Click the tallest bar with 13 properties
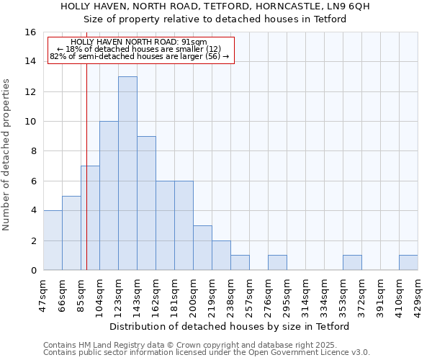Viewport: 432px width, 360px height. tap(127, 173)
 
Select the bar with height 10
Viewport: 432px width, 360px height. tap(109, 195)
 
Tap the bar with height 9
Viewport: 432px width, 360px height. tap(146, 203)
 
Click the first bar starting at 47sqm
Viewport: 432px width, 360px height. tap(53, 240)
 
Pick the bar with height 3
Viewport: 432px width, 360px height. tap(202, 248)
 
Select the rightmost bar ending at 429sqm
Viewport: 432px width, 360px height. tap(408, 263)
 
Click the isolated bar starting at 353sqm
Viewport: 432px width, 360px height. tap(352, 263)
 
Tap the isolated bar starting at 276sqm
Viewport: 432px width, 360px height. tap(277, 263)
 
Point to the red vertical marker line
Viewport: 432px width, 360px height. tap(86, 180)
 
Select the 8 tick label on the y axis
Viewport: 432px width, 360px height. tap(33, 151)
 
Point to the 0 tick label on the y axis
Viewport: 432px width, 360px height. tap(33, 271)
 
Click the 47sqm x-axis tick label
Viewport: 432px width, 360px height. tap(43, 294)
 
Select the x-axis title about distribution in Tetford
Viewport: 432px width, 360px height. tap(230, 326)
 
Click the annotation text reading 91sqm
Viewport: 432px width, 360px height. tap(140, 42)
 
